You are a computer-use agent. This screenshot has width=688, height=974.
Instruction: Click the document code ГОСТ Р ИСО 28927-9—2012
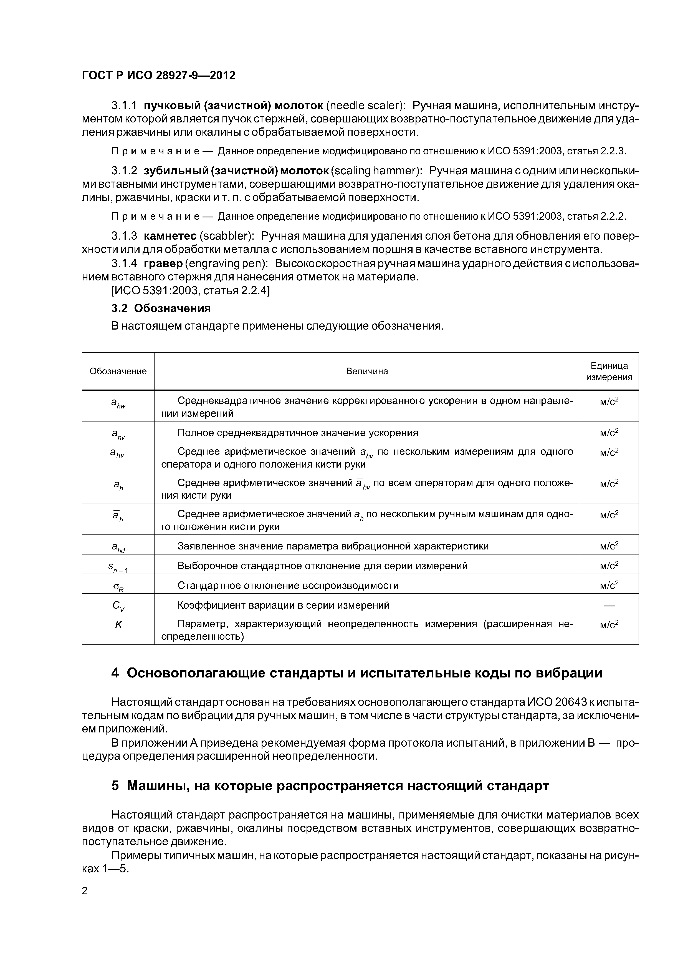[x=158, y=76]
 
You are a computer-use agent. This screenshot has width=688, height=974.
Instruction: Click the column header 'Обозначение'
[x=118, y=371]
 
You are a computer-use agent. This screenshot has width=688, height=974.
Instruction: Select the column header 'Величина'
[x=367, y=371]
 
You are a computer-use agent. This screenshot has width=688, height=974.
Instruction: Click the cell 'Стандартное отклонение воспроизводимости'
[x=288, y=585]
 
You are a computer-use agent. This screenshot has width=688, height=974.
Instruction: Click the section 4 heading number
[x=115, y=673]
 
